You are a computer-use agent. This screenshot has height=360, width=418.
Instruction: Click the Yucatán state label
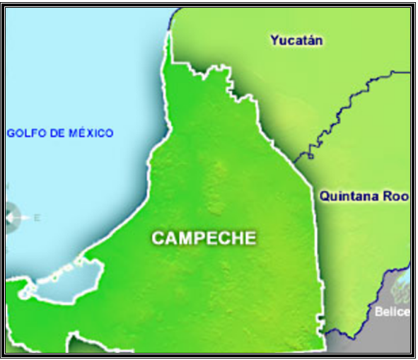296,40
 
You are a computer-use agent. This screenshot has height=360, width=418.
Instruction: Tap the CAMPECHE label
204,238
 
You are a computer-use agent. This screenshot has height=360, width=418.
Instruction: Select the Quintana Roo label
364,197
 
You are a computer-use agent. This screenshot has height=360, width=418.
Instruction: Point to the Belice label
392,311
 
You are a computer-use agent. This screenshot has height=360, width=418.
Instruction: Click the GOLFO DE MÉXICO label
60,133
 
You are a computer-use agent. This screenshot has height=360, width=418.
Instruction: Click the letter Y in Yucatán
274,40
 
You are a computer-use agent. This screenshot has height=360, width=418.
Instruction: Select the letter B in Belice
379,311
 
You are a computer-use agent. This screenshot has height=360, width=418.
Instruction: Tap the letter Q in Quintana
323,197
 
